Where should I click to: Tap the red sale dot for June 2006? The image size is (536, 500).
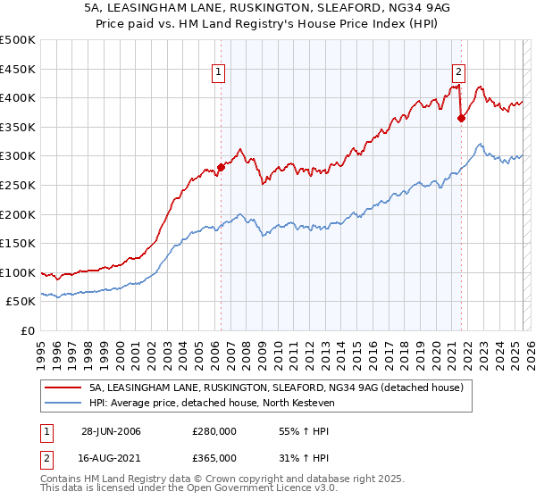click(x=221, y=167)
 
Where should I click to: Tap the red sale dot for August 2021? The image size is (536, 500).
click(x=461, y=117)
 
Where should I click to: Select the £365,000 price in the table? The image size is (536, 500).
click(x=214, y=458)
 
